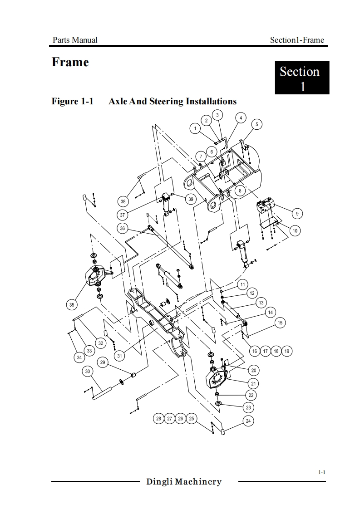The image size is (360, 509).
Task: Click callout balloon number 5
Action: point(256,124)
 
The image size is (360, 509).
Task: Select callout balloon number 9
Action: point(297,214)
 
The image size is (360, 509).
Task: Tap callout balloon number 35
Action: point(72,305)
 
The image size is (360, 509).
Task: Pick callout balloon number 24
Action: point(248,421)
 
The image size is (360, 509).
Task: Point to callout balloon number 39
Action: point(191,199)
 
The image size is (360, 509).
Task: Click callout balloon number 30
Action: point(88,372)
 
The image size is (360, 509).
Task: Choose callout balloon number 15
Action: point(280,323)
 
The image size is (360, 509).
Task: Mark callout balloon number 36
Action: point(122,229)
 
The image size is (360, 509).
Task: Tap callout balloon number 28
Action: point(158,418)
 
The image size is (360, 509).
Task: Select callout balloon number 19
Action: point(286,351)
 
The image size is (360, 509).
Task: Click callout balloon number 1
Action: point(195,128)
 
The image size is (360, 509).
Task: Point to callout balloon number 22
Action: point(251,395)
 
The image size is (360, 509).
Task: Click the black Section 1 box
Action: point(302,78)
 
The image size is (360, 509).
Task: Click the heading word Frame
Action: point(70,62)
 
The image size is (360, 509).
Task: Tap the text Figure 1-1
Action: point(73,101)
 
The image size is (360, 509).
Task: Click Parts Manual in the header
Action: point(75,40)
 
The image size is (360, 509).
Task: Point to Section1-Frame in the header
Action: point(297,40)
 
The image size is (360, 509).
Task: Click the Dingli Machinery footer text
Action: point(184,482)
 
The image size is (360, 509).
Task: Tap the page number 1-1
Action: point(322,472)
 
